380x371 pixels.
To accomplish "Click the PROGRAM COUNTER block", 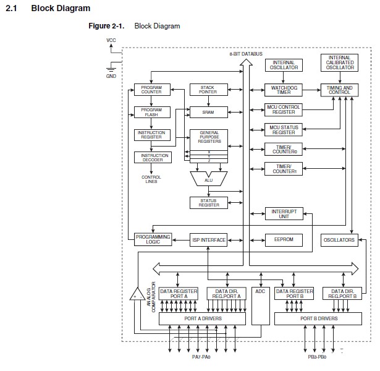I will [x=151, y=90].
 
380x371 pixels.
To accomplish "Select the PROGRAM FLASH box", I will [x=151, y=112].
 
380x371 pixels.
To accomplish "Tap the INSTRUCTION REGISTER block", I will [x=151, y=134].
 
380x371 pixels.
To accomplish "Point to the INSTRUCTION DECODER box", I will [x=151, y=157].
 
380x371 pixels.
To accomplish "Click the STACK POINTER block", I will [x=208, y=90].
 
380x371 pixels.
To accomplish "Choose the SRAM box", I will [x=208, y=112].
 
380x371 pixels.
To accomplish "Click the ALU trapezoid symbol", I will [x=208, y=179].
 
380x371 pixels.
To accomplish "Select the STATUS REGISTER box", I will [x=208, y=202].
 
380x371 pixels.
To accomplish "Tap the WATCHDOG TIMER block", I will [x=283, y=90].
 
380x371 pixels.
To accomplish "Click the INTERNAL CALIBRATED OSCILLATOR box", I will [x=339, y=63].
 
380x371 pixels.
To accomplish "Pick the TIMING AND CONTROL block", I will [x=339, y=90].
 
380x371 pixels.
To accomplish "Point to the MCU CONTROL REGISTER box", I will [x=283, y=109].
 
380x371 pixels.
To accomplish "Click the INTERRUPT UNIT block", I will [x=283, y=213].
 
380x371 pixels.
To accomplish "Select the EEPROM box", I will [x=283, y=239].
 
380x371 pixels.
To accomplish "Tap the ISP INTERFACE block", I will [x=208, y=239].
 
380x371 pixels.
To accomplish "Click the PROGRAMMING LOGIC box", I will [x=151, y=239].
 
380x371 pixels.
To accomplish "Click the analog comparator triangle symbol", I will [x=135, y=294].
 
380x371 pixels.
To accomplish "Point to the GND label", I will [x=111, y=76].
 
